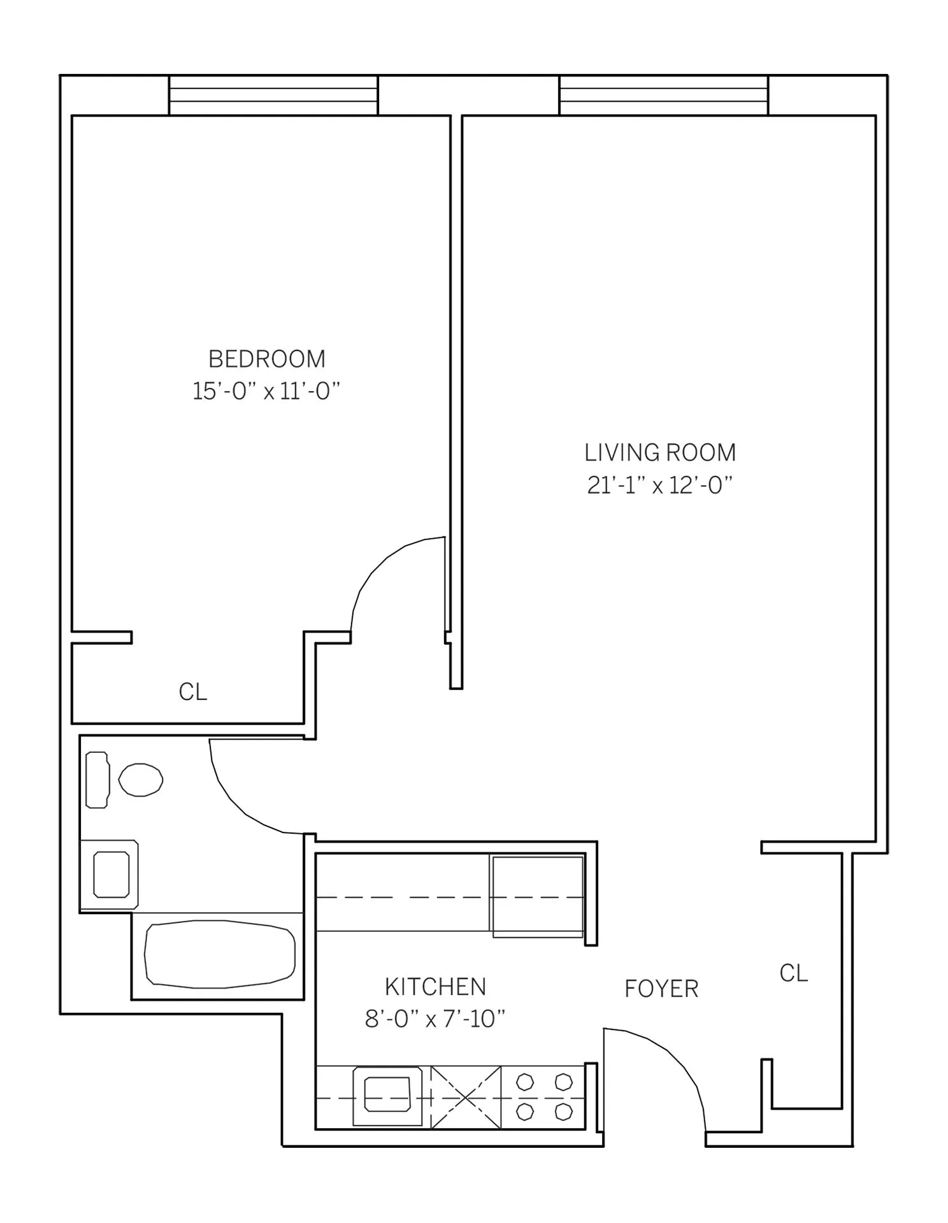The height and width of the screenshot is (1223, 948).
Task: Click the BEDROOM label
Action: click(x=266, y=359)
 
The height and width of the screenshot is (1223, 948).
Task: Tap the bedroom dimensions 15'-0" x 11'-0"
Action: click(x=266, y=391)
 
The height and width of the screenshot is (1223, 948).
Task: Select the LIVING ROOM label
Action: click(x=660, y=453)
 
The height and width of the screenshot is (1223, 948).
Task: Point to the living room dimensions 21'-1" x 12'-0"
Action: click(x=660, y=485)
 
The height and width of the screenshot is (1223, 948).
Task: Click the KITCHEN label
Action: click(x=435, y=987)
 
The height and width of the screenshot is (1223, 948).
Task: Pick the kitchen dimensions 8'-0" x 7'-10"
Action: click(x=435, y=1019)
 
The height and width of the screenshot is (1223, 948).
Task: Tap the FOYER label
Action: click(x=661, y=989)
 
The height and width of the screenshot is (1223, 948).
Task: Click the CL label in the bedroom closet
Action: click(x=192, y=692)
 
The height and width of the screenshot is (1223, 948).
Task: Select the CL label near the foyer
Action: click(x=793, y=973)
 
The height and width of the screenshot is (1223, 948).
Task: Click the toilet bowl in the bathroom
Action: click(x=141, y=780)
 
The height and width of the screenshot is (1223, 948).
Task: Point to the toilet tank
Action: click(x=97, y=780)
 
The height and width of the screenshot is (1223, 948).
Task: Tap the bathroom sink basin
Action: click(x=111, y=875)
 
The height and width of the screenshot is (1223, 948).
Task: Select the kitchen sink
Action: click(x=387, y=1095)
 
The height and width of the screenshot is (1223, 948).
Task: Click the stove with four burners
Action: click(x=543, y=1096)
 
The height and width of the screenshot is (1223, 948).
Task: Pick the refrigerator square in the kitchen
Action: click(x=537, y=896)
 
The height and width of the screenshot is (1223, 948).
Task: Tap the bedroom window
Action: click(x=273, y=96)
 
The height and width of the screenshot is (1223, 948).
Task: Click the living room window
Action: click(x=664, y=96)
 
